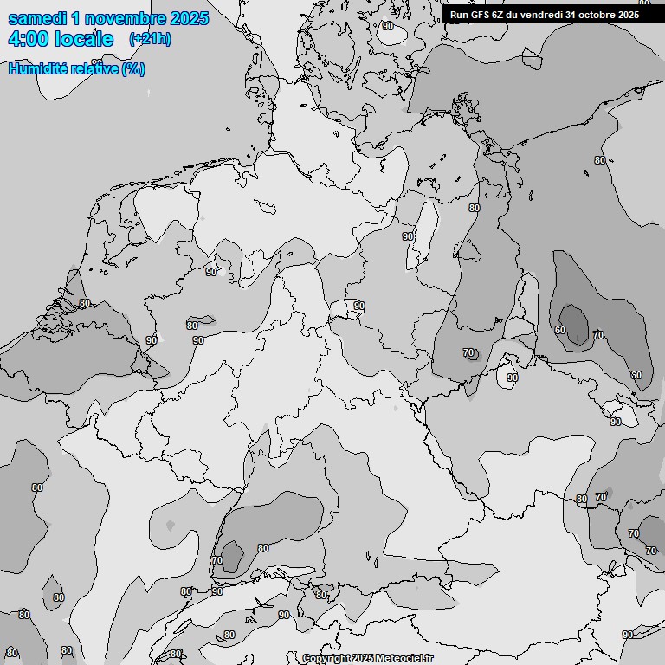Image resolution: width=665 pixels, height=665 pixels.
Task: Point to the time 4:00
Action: tap(27, 39)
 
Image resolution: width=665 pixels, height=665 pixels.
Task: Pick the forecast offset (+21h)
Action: tap(150, 39)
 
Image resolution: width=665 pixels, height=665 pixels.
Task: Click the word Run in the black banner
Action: tap(459, 15)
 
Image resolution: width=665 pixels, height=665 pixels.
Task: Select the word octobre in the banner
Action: tap(597, 15)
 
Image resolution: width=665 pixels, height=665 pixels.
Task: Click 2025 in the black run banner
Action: tap(629, 15)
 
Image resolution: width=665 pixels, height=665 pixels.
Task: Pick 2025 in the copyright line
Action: tap(363, 659)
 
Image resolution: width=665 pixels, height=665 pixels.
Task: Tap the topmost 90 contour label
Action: tap(387, 26)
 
